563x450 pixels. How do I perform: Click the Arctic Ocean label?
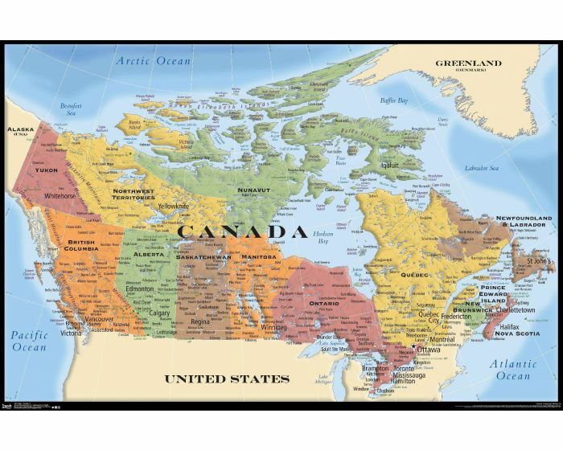click(153, 61)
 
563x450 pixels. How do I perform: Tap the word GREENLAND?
click(467, 63)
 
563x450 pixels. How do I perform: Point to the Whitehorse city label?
click(60, 195)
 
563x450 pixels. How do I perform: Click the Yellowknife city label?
click(174, 206)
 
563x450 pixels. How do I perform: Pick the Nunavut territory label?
click(253, 190)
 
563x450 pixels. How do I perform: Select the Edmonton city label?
click(139, 289)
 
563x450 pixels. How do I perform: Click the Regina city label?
click(199, 321)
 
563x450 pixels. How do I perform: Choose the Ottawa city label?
click(428, 350)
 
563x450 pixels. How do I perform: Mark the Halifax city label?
click(510, 327)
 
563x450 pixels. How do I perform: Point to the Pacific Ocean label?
click(30, 341)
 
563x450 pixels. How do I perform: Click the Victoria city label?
click(72, 333)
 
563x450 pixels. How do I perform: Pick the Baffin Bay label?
click(394, 101)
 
